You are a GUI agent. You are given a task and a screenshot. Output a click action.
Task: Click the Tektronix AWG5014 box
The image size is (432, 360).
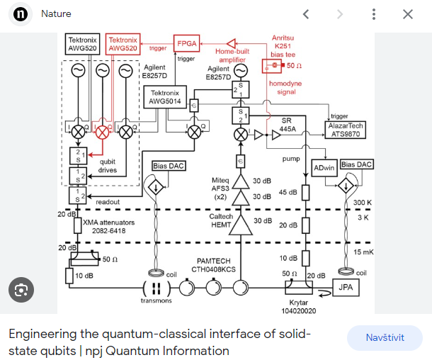pos(164,97)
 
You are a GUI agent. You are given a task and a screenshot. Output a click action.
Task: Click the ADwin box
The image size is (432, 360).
pos(323,167)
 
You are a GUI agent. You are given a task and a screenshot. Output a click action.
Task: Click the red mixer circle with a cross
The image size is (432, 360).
pos(103,132)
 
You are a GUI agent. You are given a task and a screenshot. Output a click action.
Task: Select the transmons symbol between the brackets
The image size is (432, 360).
pos(156,288)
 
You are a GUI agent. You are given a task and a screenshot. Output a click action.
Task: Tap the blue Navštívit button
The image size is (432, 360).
pos(385,338)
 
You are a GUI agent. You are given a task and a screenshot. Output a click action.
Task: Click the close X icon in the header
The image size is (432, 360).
pos(408,14)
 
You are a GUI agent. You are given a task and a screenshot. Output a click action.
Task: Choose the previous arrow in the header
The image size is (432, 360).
pos(306,14)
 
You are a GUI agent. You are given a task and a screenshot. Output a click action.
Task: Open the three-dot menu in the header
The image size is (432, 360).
pos(374,14)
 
